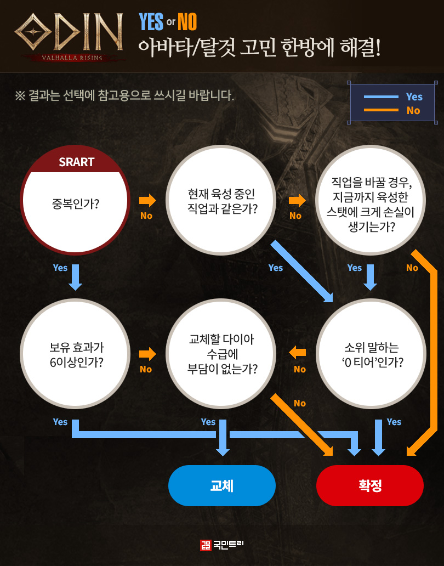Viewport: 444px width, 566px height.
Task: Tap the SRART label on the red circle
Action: tap(76, 162)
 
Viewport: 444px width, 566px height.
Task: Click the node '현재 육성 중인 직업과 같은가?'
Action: tap(221, 201)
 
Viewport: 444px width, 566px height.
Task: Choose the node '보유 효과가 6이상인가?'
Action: tap(76, 354)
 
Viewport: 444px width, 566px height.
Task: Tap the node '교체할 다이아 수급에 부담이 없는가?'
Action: tap(221, 354)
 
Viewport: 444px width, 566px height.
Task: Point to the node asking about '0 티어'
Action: tap(372, 354)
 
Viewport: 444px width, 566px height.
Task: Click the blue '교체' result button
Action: tap(221, 485)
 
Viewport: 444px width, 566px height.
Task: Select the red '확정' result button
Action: tap(370, 485)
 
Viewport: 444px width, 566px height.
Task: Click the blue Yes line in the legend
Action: tap(378, 97)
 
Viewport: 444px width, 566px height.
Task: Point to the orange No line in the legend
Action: tap(378, 110)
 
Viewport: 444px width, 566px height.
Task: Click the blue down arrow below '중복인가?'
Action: tap(76, 278)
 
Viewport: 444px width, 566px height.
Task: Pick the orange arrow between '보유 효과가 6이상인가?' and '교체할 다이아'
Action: tap(147, 354)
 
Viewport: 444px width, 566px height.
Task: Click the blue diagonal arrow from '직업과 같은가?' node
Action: tap(302, 271)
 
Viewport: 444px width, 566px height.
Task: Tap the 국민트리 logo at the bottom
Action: tap(222, 545)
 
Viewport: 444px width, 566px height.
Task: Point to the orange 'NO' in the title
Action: tap(187, 22)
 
